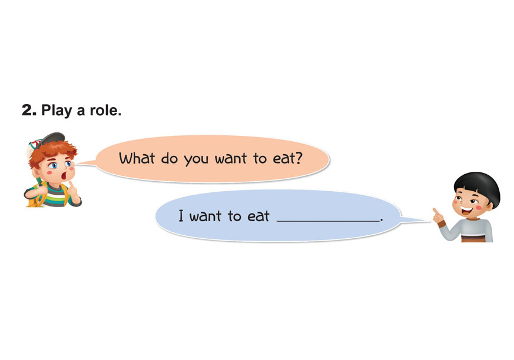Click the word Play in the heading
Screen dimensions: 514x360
click(x=57, y=111)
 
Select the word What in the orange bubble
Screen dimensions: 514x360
click(x=137, y=158)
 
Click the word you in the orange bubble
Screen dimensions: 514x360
click(x=196, y=160)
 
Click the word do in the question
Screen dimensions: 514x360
click(x=169, y=158)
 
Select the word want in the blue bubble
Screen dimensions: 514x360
click(x=205, y=216)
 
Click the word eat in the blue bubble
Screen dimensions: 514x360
click(x=258, y=216)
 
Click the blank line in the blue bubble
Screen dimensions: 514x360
click(x=329, y=221)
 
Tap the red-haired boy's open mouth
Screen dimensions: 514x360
click(x=64, y=176)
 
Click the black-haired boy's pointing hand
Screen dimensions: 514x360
click(x=438, y=215)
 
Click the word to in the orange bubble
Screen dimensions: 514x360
click(x=260, y=158)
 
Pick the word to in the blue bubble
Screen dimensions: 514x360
click(x=234, y=216)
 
